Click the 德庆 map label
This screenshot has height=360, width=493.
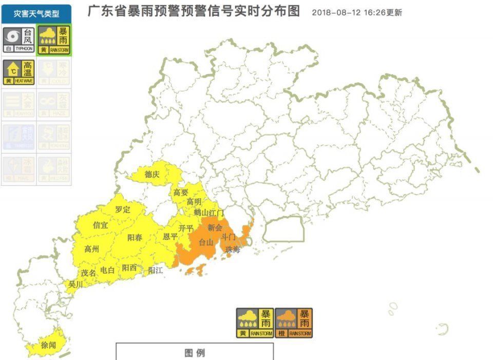coord(152,175)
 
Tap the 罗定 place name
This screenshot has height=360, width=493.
coord(123,210)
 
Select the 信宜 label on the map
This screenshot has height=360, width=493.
coord(100,225)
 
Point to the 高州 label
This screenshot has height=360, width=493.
coord(91,249)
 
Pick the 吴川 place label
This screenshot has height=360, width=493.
coord(75,283)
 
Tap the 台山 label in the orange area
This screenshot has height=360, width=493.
coord(206,242)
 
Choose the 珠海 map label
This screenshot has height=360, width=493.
coord(233,250)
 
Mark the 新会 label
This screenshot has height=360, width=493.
coord(215,228)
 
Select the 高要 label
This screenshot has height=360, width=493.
coord(181,193)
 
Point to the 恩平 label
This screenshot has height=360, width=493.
coord(170,237)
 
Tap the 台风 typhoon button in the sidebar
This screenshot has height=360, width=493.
coord(18,40)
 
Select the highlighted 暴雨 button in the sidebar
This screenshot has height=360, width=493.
coord(54,40)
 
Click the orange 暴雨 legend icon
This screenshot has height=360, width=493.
coord(294,323)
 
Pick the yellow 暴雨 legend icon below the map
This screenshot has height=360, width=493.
coord(255,323)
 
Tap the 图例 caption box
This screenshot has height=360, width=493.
coord(195,352)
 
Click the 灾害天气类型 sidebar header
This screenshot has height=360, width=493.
coord(36,14)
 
